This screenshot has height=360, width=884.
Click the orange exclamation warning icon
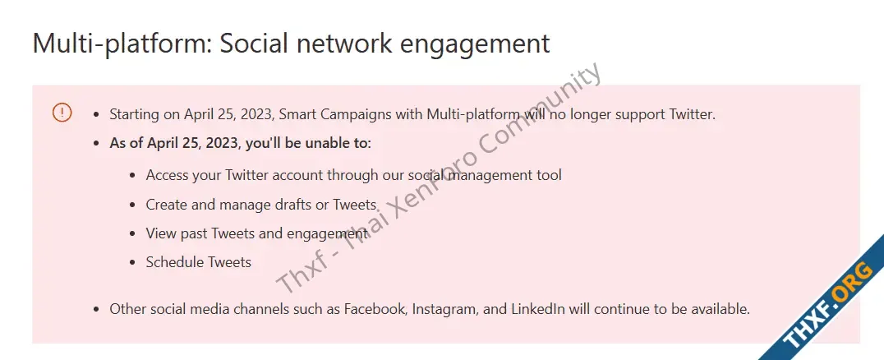pos(62,113)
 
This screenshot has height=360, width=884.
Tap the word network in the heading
pos(344,43)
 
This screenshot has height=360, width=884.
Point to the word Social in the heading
pos(254,43)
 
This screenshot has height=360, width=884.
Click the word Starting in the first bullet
pos(134,114)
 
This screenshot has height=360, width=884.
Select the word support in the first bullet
pos(640,115)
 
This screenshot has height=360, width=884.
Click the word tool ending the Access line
pos(549,175)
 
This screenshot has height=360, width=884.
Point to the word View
pos(161,233)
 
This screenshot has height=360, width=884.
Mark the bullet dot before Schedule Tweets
pos(132,262)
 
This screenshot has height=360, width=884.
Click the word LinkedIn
pos(538,309)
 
